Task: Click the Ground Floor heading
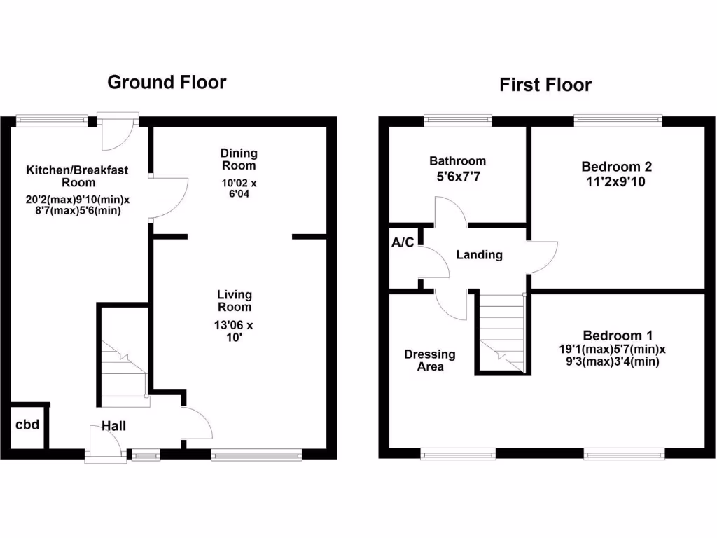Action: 167,83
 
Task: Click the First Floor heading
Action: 545,85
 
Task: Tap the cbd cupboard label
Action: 27,425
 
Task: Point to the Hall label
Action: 113,425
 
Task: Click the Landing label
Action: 479,254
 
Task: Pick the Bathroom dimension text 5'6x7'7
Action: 457,177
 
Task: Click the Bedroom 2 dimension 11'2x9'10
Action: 616,181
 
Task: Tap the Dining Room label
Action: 239,159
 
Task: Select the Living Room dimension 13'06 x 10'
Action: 234,331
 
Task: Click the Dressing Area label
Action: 429,360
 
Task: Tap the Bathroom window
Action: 457,120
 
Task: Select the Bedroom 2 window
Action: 618,120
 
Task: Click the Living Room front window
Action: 257,455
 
